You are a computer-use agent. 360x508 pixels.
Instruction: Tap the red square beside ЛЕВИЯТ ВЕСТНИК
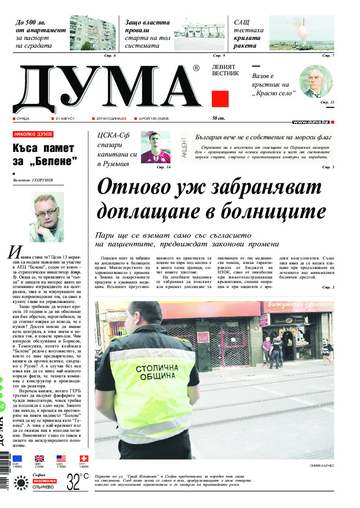(220, 98)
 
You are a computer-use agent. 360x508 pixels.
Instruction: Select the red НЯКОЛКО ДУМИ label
(33, 134)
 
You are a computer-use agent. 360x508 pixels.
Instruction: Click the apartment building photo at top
(92, 33)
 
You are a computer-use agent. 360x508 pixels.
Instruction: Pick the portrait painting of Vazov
(316, 82)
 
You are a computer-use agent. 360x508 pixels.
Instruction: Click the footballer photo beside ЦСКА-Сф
(156, 147)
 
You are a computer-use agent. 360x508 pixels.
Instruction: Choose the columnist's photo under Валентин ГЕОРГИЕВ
(44, 217)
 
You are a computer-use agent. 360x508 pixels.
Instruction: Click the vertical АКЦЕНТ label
(184, 147)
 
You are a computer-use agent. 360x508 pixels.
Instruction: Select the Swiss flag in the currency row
(84, 459)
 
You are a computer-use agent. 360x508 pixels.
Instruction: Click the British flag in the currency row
(39, 459)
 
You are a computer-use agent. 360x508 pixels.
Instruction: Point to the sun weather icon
(21, 482)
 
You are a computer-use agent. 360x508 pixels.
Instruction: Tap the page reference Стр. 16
(163, 167)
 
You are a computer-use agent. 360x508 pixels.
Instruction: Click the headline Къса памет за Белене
(44, 154)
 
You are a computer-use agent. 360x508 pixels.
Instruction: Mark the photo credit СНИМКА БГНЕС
(321, 466)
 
